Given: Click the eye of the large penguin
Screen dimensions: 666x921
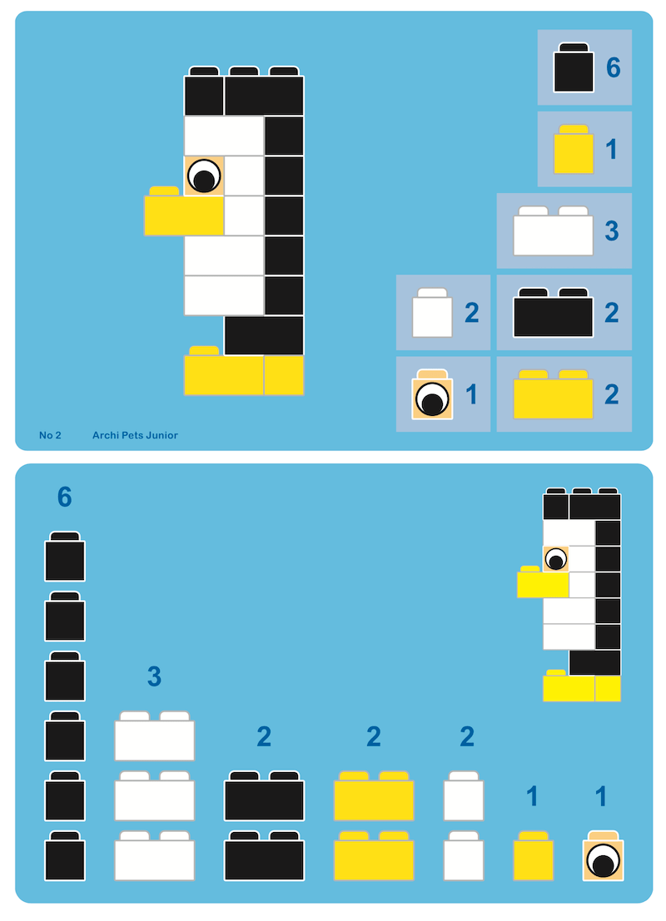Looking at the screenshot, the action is click(204, 176).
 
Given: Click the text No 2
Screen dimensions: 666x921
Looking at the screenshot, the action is click(50, 435).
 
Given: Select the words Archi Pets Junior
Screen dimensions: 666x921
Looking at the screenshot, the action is click(135, 435).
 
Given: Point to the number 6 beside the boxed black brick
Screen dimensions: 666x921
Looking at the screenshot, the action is click(613, 67).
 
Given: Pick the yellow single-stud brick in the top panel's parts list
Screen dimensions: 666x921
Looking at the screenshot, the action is click(574, 149).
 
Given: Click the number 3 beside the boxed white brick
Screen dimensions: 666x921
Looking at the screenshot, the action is click(612, 230).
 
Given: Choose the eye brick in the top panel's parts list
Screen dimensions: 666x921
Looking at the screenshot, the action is click(433, 394).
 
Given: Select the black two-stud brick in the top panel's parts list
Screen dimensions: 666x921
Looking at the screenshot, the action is click(553, 313).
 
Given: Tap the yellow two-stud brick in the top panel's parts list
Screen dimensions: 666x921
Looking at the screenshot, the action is click(553, 394).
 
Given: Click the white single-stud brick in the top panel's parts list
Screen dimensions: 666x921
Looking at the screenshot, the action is click(433, 313).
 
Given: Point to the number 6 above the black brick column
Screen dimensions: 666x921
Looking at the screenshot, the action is click(65, 497).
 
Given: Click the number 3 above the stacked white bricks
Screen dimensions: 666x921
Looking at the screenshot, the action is click(154, 676).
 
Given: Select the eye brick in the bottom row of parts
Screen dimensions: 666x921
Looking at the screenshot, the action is click(603, 856).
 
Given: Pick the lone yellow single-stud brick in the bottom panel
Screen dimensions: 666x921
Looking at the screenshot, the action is click(533, 856).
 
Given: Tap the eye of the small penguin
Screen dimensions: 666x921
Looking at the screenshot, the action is click(555, 559).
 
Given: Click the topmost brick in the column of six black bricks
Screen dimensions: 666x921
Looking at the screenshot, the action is click(65, 557).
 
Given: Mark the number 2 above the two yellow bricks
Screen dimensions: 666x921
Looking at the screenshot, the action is click(373, 736).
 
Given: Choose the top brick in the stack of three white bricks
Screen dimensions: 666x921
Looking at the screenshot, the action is click(155, 736).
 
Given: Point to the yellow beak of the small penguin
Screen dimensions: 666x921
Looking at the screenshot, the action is click(543, 582).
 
